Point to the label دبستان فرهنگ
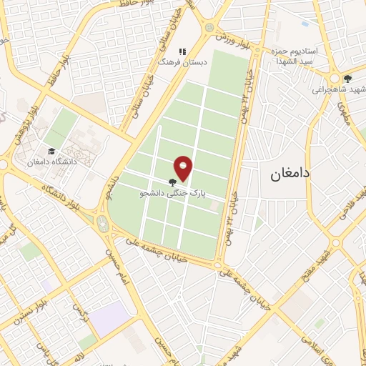(182, 63)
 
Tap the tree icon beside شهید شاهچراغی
(347, 79)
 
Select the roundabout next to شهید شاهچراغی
(334, 79)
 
